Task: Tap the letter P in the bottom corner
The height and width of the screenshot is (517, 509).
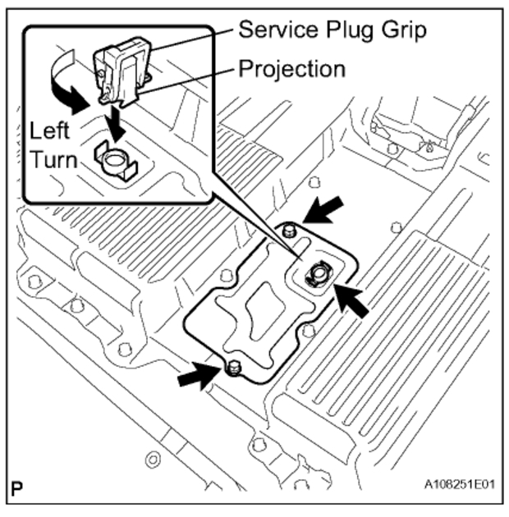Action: point(17,495)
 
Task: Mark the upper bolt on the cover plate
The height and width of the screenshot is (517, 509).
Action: point(288,233)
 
